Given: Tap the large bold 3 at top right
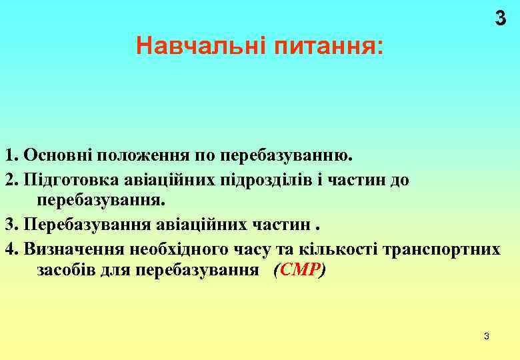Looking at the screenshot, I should tap(500, 19).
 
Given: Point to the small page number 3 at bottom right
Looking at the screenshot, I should tap(487, 336).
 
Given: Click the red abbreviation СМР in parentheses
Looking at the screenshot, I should tap(299, 270).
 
